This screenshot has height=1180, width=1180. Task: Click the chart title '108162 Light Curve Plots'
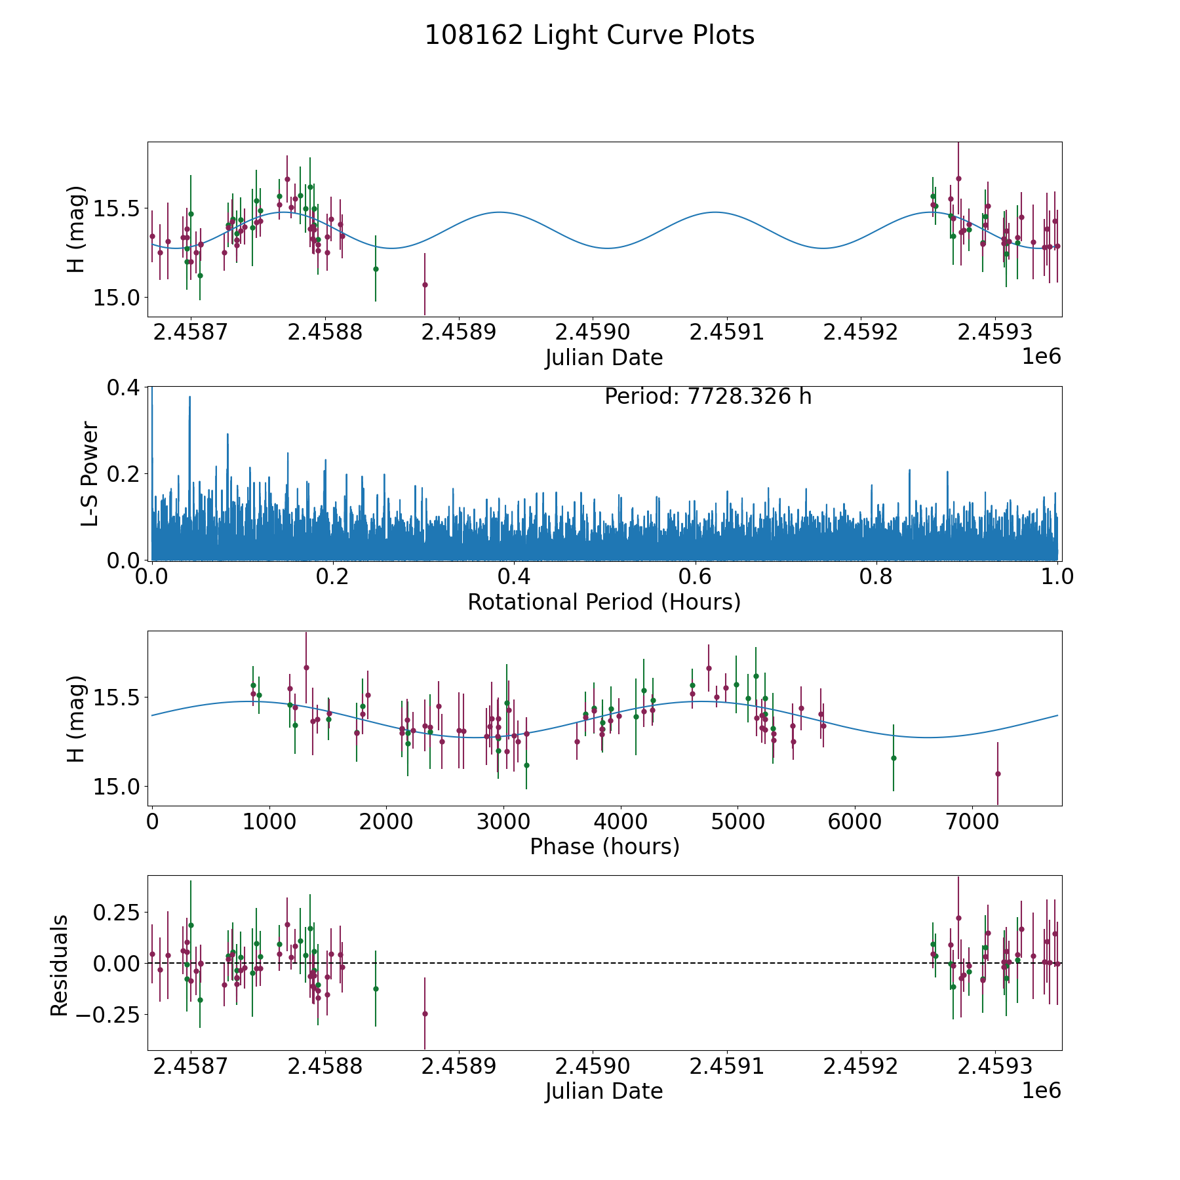589,35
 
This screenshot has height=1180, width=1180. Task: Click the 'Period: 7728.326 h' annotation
708,397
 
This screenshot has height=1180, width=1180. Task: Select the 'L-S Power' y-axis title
90,474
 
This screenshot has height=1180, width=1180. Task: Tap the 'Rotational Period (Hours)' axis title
604,602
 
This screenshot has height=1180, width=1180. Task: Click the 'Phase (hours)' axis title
604,846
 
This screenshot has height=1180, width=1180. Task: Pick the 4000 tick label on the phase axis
620,822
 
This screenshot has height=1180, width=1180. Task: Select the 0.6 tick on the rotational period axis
696,578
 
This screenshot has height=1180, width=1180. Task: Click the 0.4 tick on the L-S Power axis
124,387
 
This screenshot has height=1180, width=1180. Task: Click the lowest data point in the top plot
425,285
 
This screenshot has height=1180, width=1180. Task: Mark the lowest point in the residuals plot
425,1013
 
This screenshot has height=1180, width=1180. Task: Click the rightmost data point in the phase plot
998,774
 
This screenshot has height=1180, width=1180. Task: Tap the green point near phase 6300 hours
894,758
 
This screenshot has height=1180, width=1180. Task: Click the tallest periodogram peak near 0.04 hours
189,397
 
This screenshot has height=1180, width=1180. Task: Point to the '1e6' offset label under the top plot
1041,357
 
